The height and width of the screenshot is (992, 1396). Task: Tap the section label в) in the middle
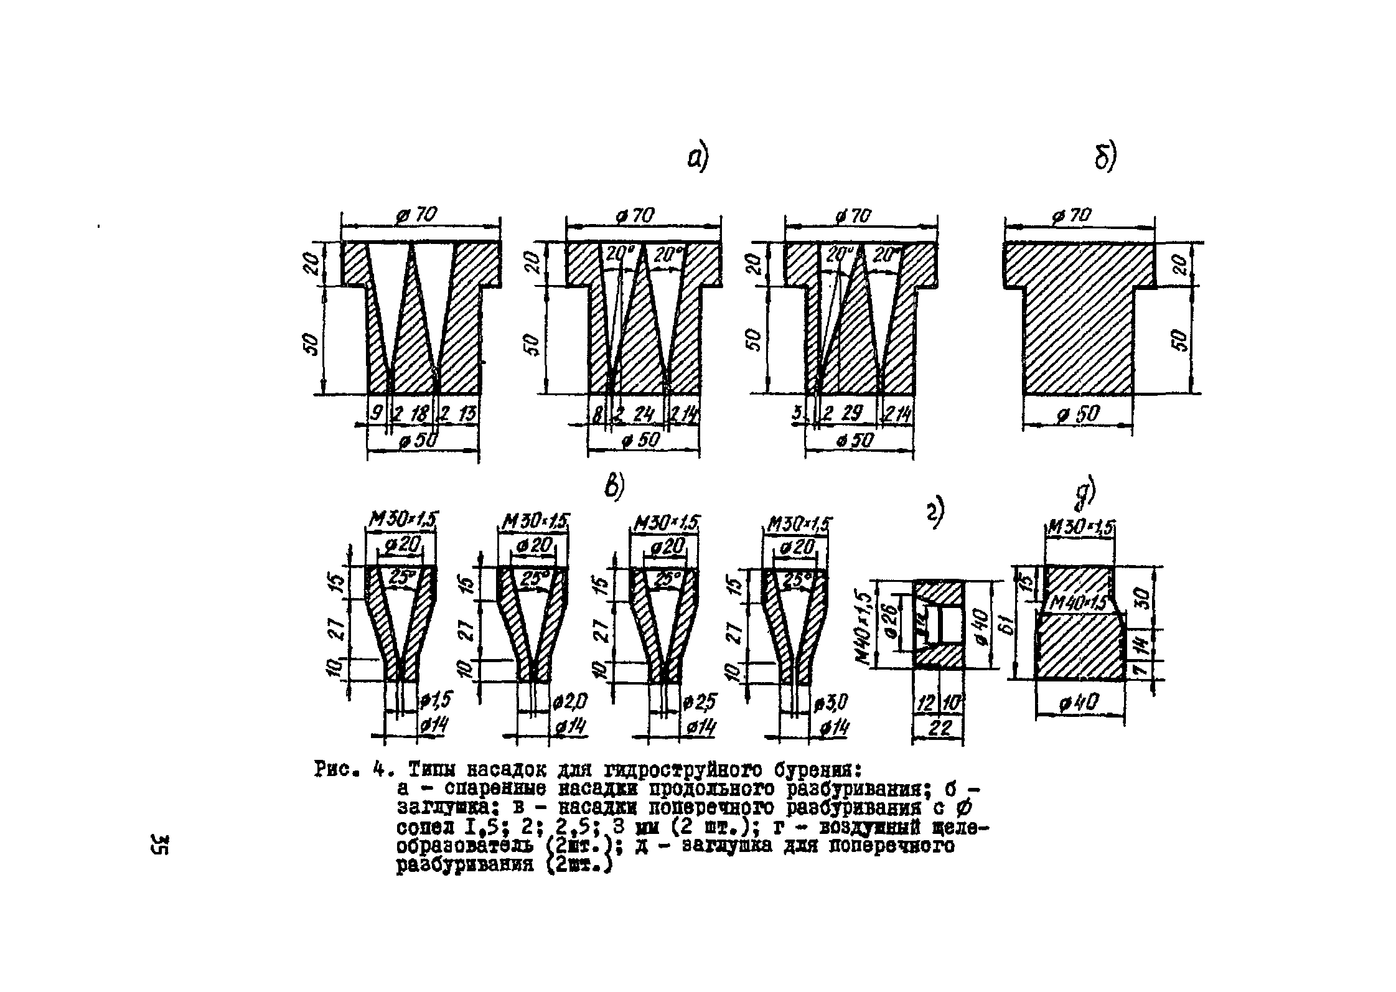pyautogui.click(x=614, y=487)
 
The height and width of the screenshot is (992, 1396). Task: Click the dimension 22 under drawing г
pyautogui.click(x=937, y=728)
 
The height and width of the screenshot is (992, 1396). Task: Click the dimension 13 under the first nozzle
pyautogui.click(x=466, y=413)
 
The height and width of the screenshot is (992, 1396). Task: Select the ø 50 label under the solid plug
pyautogui.click(x=1077, y=414)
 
